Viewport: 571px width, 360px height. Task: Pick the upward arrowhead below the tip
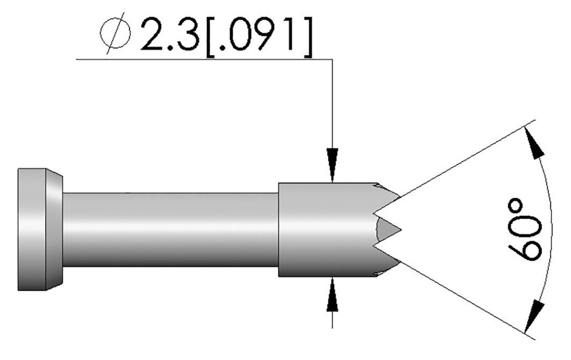(332, 295)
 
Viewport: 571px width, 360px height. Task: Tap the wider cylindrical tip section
(323, 229)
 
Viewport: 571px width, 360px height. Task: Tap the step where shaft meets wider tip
(279, 229)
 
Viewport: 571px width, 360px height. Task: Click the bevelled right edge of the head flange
(54, 229)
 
